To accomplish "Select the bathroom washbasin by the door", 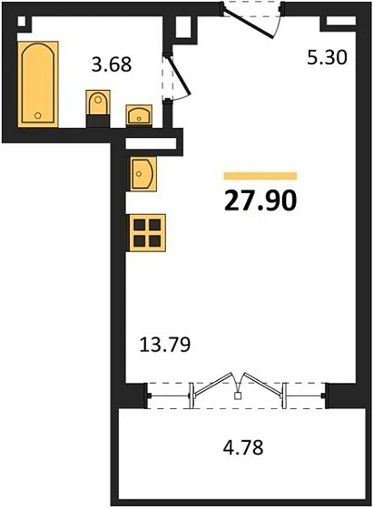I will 138,112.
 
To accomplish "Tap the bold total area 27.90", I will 260,199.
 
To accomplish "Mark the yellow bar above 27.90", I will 260,175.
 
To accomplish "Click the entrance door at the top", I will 252,18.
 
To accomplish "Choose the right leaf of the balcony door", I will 263,387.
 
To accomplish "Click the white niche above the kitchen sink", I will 147,142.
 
